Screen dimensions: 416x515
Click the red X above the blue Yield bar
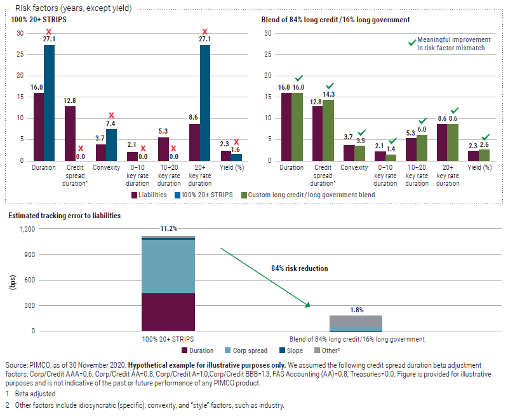tap(236, 142)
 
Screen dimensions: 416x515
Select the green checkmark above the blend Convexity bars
tap(362, 133)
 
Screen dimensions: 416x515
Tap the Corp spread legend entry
tap(248, 350)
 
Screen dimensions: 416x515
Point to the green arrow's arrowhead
tap(307, 306)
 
